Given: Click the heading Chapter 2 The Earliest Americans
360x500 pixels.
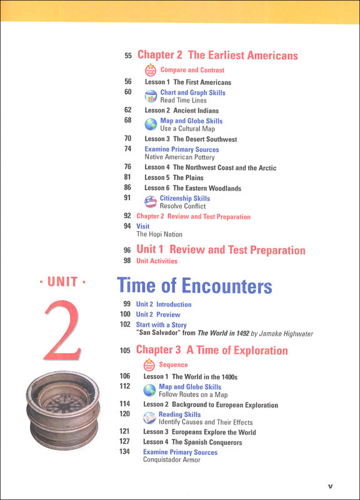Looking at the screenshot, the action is tap(217, 56).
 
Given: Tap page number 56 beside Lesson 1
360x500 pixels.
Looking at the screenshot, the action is tap(127, 82).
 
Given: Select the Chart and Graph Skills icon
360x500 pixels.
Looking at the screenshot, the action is tap(151, 96).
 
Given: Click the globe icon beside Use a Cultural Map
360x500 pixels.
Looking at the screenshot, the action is tap(151, 124).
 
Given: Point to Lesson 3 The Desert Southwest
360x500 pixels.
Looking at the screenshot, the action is tap(191, 139).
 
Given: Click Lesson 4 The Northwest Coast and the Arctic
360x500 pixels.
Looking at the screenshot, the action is tap(210, 167).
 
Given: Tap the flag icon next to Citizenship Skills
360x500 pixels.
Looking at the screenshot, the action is tap(151, 202).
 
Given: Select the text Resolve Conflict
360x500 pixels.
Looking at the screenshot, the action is tap(182, 206).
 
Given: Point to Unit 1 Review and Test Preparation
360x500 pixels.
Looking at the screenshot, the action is tap(221, 250).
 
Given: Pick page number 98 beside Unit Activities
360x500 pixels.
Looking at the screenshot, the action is tap(127, 261).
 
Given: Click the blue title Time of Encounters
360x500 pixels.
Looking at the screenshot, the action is tap(194, 286).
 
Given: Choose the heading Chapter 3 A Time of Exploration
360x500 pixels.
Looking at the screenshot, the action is tap(212, 351).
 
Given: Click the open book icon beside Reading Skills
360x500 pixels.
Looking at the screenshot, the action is tap(150, 418).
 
